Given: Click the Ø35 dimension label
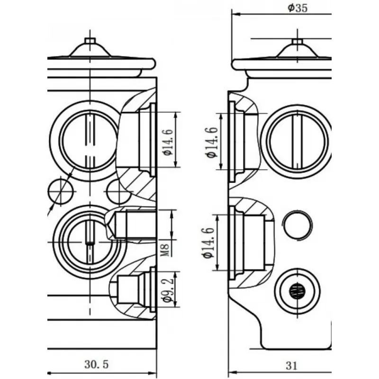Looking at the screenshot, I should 297,8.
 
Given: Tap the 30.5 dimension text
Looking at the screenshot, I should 97,364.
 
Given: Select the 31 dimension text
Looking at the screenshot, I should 292,365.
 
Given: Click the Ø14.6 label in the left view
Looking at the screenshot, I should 166,140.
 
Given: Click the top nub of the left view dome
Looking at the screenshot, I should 90,40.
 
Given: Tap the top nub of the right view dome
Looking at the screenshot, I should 297,42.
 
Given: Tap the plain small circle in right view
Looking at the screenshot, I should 298,225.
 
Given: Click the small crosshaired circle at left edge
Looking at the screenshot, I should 61,191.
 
